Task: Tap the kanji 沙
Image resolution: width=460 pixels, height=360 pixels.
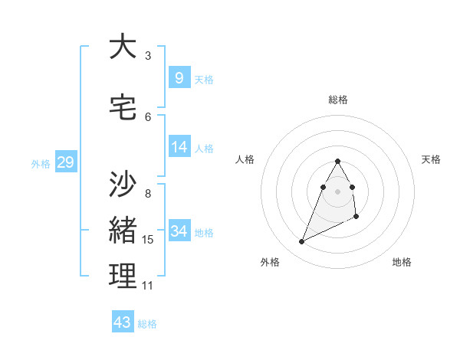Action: [x=123, y=184]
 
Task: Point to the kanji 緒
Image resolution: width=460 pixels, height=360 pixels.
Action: [x=123, y=231]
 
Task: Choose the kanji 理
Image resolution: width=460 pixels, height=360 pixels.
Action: [x=123, y=277]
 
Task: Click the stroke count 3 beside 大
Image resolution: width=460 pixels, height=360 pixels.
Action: [x=148, y=55]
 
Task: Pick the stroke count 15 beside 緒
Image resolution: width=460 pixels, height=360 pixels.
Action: [x=148, y=240]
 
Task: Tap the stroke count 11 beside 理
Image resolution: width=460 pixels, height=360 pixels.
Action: [x=148, y=286]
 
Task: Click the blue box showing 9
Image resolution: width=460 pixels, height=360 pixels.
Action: [x=179, y=77]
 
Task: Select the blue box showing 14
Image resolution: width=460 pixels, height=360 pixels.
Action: [x=179, y=146]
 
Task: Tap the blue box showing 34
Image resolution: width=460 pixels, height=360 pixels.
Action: [x=179, y=231]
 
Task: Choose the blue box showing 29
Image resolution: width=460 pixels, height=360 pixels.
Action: [x=65, y=162]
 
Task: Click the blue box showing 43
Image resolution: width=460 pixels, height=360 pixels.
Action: [x=123, y=322]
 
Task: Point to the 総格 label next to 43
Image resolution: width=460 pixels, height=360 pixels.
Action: [x=148, y=324]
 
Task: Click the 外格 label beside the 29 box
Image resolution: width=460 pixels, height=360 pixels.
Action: [x=41, y=163]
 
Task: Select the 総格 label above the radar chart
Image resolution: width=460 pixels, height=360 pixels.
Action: [x=338, y=100]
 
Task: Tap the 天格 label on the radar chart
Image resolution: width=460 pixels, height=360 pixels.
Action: [x=432, y=159]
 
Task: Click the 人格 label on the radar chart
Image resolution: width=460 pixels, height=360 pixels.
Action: [x=245, y=159]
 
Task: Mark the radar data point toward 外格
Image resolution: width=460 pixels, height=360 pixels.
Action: [x=301, y=242]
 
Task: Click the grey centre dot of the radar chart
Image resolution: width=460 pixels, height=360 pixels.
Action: [x=338, y=191]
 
